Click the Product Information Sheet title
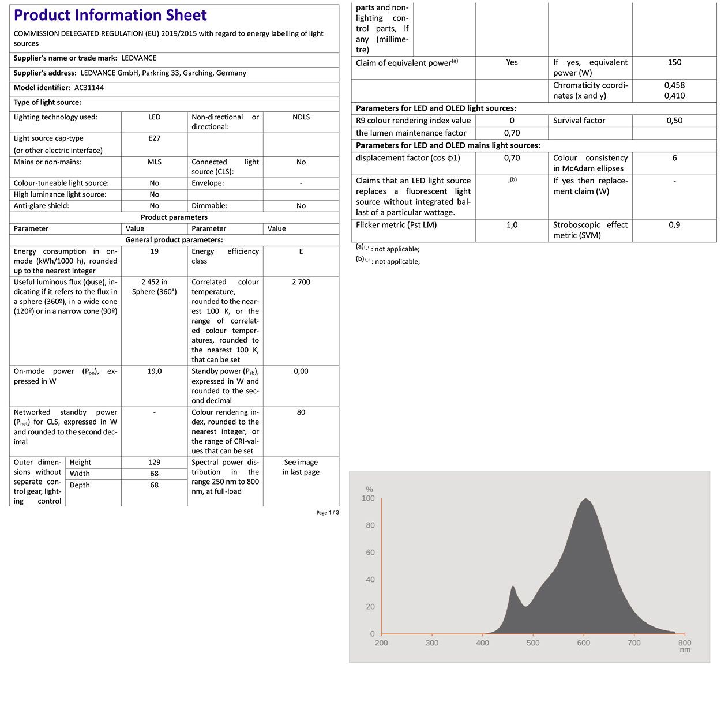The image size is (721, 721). click(x=110, y=16)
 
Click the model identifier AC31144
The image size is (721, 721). click(x=89, y=88)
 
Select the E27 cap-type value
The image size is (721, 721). click(x=154, y=138)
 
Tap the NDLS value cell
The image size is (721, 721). click(x=301, y=117)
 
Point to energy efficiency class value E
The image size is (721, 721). click(x=301, y=251)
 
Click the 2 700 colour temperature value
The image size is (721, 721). click(x=301, y=282)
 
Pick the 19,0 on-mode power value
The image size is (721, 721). click(x=154, y=371)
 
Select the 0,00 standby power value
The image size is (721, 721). click(x=301, y=371)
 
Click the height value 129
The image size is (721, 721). click(x=154, y=463)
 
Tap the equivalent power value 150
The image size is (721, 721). click(x=674, y=62)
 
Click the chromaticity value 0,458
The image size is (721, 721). click(x=674, y=85)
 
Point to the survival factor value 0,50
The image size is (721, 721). click(x=674, y=121)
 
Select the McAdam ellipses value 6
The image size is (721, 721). click(x=674, y=158)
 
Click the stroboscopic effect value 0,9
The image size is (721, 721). click(x=674, y=225)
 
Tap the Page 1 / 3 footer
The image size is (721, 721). click(x=328, y=513)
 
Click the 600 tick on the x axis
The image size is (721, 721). click(x=584, y=643)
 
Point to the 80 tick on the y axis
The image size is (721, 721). click(x=370, y=525)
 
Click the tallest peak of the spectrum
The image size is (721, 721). click(x=585, y=500)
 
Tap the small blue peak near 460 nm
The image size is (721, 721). click(x=512, y=588)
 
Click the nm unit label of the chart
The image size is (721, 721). click(x=685, y=650)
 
